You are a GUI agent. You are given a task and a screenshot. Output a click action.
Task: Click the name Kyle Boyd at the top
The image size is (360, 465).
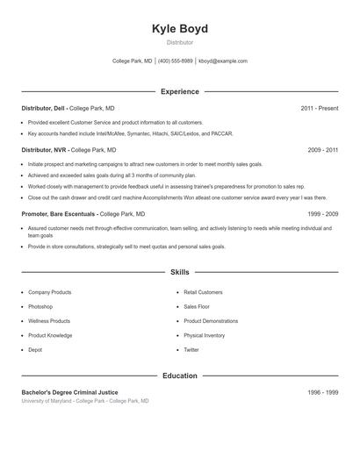tap(180, 28)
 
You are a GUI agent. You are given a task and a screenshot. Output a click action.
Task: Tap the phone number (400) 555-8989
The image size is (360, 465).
tap(176, 61)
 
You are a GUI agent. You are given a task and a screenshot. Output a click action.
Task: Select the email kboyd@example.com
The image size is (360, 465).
tap(223, 61)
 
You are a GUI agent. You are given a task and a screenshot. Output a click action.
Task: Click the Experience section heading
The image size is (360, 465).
tap(180, 91)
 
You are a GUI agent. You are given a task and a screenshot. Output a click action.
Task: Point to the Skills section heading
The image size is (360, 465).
tap(180, 273)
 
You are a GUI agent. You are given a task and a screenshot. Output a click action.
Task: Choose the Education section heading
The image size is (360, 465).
tap(180, 376)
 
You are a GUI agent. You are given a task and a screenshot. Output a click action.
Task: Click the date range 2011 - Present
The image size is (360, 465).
tap(319, 108)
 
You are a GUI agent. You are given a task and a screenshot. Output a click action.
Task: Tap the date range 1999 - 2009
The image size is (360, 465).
tap(323, 213)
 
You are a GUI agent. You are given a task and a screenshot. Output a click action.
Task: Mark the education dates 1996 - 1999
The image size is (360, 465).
tap(323, 391)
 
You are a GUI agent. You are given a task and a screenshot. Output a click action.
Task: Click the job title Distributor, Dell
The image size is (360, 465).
tap(43, 108)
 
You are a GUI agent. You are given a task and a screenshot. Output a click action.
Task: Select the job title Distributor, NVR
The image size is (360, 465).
tap(44, 150)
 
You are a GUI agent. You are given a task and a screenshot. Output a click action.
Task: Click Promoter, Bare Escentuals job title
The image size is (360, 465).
tap(59, 213)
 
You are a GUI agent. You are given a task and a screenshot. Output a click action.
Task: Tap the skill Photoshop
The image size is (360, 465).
tap(40, 307)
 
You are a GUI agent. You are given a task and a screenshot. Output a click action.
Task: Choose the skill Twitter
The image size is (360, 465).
tap(191, 350)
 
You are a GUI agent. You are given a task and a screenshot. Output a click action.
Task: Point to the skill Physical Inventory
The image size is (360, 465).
tap(204, 335)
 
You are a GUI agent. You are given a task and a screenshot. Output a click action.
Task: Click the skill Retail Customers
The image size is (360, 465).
tap(203, 292)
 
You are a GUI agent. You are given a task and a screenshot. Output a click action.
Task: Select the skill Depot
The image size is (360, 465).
tap(35, 350)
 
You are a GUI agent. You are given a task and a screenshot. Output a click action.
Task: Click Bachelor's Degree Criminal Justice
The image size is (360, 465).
tap(69, 391)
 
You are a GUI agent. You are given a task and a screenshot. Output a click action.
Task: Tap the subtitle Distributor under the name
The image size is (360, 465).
tap(180, 42)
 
